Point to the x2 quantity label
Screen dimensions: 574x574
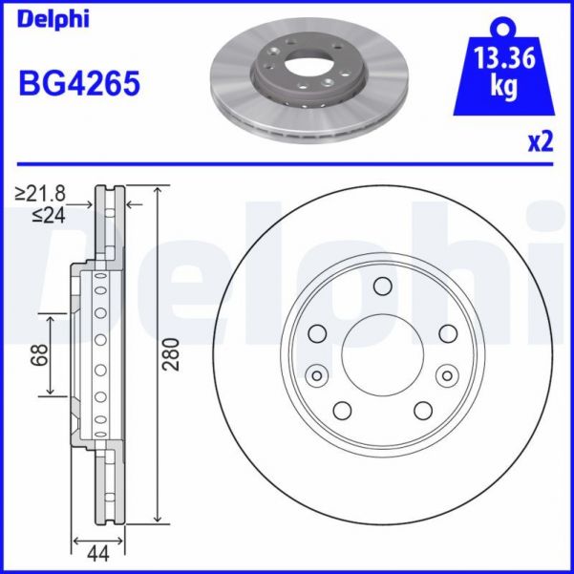540,141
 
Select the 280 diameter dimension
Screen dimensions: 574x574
173,354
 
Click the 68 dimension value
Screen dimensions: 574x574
39,354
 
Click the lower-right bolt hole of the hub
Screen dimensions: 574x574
423,410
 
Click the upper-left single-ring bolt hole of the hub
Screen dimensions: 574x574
317,333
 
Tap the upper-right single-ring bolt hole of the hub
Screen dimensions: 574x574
447,333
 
